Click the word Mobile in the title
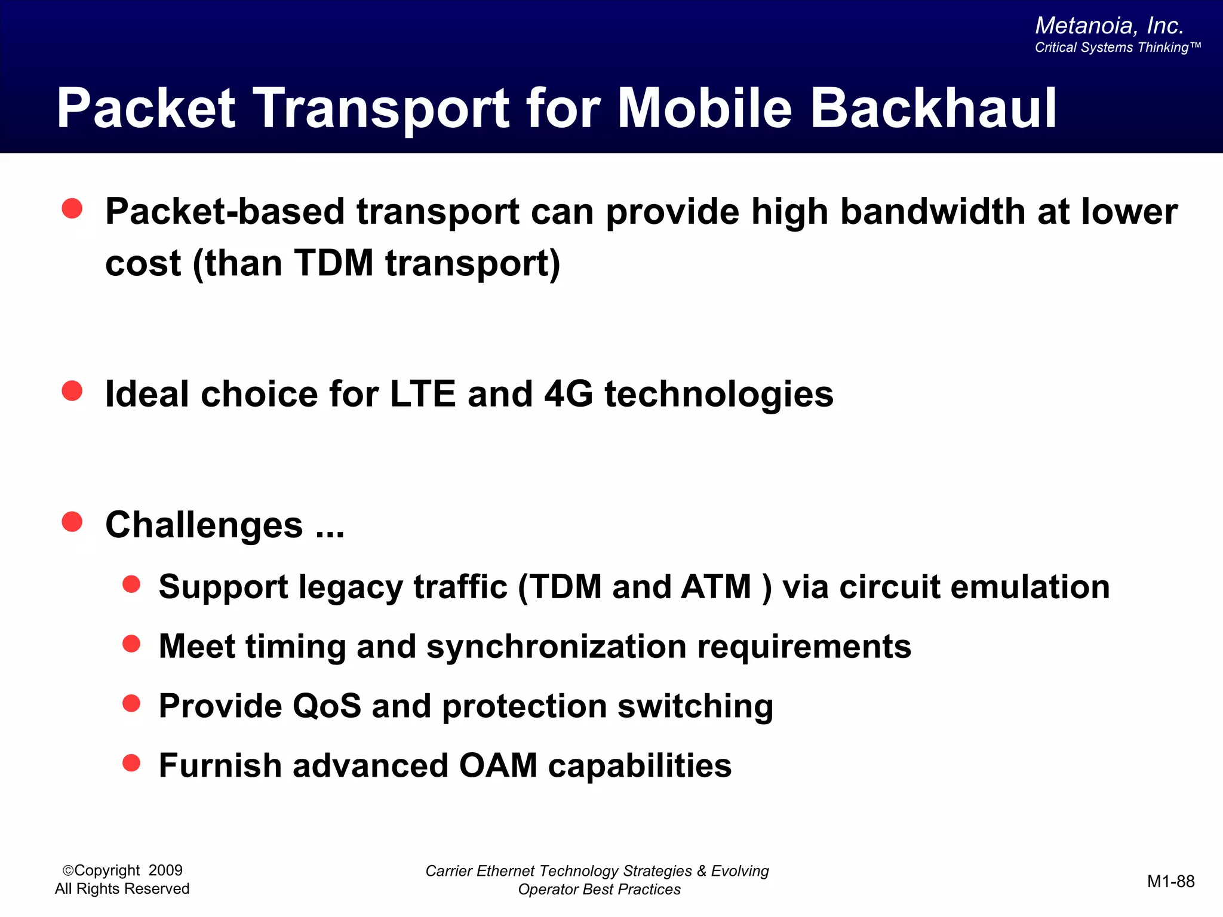click(705, 109)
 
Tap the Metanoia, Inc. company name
click(1109, 26)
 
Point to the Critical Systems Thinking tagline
click(1117, 48)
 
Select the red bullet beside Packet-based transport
click(72, 208)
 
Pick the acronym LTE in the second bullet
click(423, 394)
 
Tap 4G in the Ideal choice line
click(569, 394)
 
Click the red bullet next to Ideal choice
click(72, 391)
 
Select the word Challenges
click(204, 525)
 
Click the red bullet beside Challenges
click(72, 522)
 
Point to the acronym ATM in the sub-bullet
click(716, 586)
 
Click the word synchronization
click(557, 647)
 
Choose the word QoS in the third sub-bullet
click(327, 706)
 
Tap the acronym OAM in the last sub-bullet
click(498, 766)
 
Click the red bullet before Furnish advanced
click(131, 762)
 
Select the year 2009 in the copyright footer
click(165, 870)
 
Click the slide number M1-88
click(1170, 881)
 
